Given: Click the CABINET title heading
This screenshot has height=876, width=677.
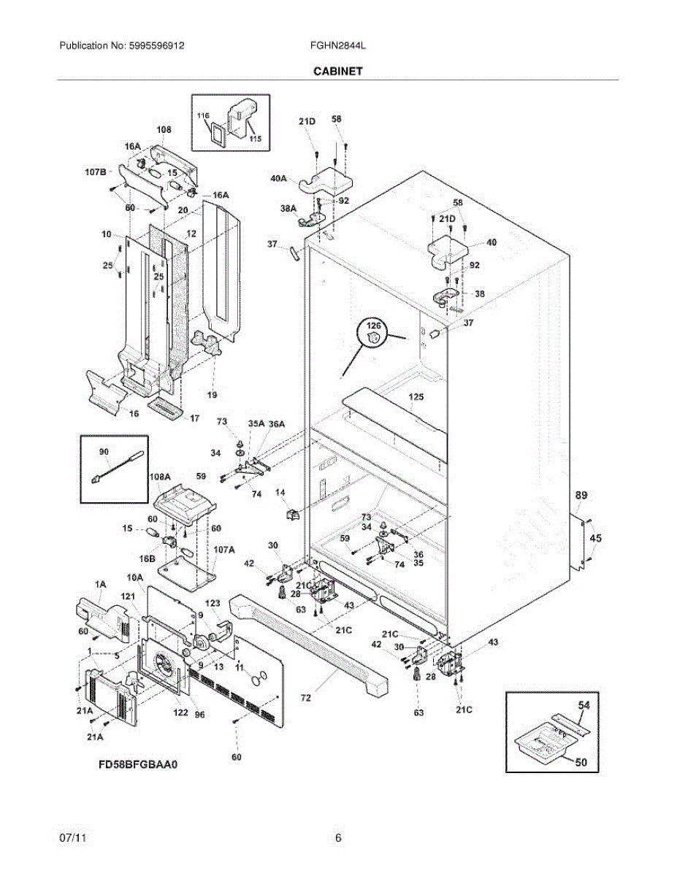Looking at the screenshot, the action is coord(338,71).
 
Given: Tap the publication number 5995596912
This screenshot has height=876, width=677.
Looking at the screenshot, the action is coord(156,45).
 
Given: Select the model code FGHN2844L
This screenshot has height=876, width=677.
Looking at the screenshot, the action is coord(338,45).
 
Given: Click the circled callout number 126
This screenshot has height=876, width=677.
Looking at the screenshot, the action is coord(373,326).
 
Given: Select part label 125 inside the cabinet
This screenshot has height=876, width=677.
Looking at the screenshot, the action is coord(416,397).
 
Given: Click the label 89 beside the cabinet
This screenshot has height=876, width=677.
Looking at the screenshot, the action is coord(581,495).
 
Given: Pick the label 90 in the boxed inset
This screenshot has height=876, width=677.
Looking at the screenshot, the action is coord(104,452).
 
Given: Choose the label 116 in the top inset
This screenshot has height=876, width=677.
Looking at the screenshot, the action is coord(203,115).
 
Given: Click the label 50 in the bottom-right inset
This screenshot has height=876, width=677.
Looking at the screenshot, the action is coord(581,762).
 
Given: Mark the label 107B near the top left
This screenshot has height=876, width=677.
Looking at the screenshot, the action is coord(96,172).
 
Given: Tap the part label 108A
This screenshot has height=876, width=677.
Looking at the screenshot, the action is coord(160,477).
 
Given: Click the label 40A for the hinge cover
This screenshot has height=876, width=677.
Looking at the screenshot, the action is coord(278,178).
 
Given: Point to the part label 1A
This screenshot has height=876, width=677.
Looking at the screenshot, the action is coord(100,584).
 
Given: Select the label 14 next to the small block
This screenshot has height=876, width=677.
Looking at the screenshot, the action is coord(280,492).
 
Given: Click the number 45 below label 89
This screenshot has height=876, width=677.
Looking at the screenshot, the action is coord(595,538).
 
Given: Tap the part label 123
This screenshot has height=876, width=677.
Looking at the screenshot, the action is coord(213,603).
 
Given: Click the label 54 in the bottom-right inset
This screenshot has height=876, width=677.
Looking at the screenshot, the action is coord(584,704).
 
